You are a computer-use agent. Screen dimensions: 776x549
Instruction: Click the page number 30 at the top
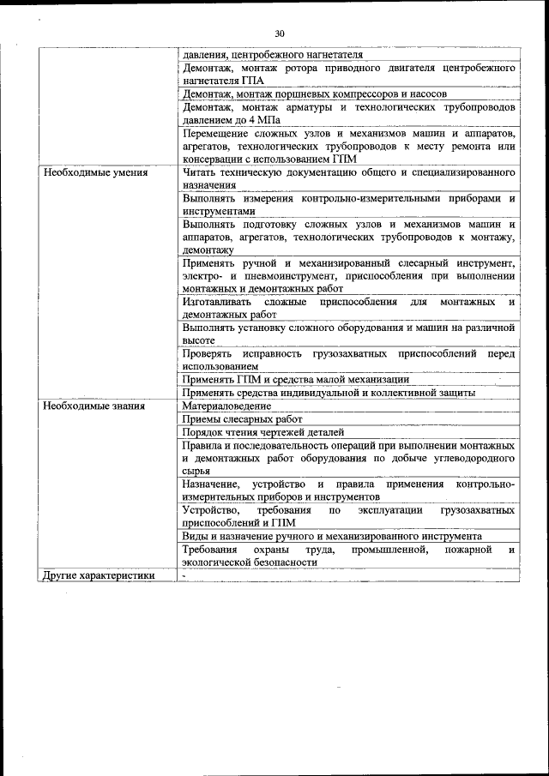[x=279, y=33]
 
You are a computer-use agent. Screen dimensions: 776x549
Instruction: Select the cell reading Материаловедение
[x=226, y=406]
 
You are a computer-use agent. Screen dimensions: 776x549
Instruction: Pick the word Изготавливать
[x=217, y=302]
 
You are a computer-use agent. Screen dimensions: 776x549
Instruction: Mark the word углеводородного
[x=473, y=459]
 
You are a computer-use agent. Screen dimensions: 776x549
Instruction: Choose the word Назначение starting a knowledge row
[x=214, y=484]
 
